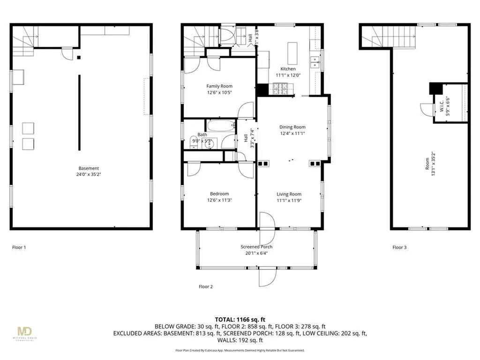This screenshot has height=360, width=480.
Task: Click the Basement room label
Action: (89, 168)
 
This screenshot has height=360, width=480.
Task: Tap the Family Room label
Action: (219, 86)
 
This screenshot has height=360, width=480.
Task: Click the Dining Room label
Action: (292, 127)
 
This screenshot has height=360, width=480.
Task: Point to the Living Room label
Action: (289, 194)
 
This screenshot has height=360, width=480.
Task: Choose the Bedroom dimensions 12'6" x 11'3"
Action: (219, 200)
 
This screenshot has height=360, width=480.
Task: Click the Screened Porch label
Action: (256, 247)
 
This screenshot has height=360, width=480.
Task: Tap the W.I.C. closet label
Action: (442, 106)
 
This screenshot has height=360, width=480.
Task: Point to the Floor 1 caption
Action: (19, 247)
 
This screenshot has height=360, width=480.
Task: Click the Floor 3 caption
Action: (400, 247)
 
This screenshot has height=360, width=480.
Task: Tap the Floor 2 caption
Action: (206, 286)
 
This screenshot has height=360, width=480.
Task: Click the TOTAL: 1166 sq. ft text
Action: (240, 319)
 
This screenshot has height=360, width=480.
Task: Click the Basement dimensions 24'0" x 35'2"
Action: (89, 174)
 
